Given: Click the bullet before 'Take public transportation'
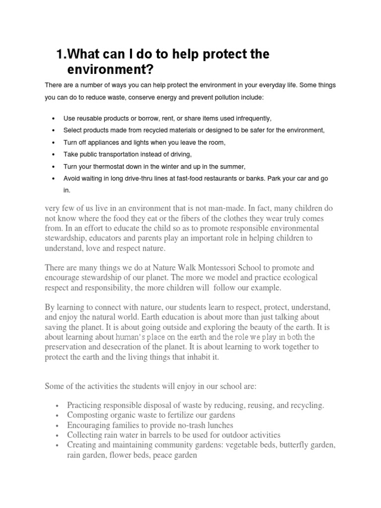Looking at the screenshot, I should pos(53,155).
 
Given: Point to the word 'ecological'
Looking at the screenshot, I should pos(296,277).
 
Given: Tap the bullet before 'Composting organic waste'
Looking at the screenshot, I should pos(58,415).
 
